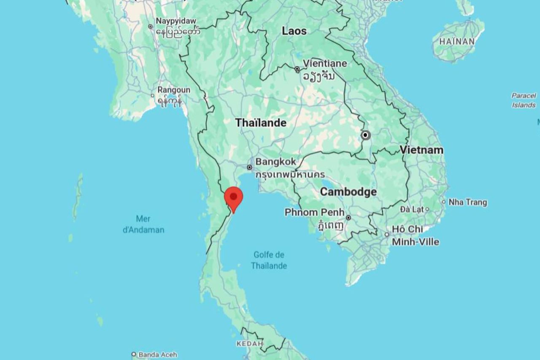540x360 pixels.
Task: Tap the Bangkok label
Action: pos(275,162)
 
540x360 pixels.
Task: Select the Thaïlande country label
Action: pos(261,123)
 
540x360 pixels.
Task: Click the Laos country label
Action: pos(294,31)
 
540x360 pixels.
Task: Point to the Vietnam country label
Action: pos(421,150)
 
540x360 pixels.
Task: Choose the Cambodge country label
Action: pos(348,192)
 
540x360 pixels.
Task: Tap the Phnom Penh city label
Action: pos(314,212)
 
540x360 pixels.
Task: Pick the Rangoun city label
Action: pos(174,90)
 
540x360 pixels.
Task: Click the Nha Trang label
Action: pos(467,203)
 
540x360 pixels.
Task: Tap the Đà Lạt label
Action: pos(411,209)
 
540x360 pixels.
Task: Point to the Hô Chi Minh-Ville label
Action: pos(415,235)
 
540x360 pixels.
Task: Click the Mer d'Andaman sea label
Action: pos(143,224)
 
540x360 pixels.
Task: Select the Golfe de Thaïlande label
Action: pos(269,260)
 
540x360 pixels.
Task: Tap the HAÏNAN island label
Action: pos(457,41)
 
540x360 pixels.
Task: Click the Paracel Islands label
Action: pos(524,100)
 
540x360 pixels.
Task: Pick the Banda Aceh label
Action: pos(157,355)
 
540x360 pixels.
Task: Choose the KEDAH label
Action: pos(250,344)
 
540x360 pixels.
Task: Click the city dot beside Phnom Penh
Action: pos(348,218)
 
